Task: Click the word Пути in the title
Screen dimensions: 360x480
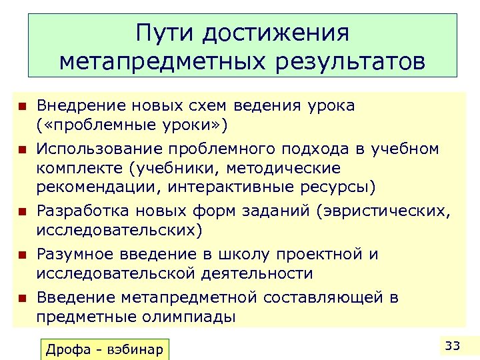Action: tap(167, 33)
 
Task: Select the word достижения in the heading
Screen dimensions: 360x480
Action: tap(275, 33)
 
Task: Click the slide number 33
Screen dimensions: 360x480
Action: tap(453, 345)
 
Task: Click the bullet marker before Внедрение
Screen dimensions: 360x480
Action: tap(21, 105)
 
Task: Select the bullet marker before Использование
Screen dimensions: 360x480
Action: tap(21, 149)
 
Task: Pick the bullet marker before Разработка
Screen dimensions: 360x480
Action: tap(21, 211)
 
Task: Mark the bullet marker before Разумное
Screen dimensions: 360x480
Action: tap(21, 255)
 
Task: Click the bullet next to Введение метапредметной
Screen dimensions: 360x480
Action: tap(21, 298)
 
